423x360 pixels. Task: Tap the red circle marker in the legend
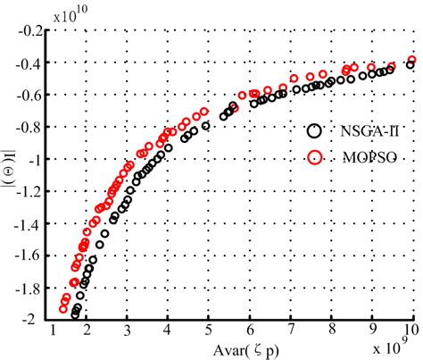pos(313,157)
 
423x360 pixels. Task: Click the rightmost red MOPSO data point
pos(412,61)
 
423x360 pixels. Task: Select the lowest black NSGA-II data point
pos(76,314)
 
